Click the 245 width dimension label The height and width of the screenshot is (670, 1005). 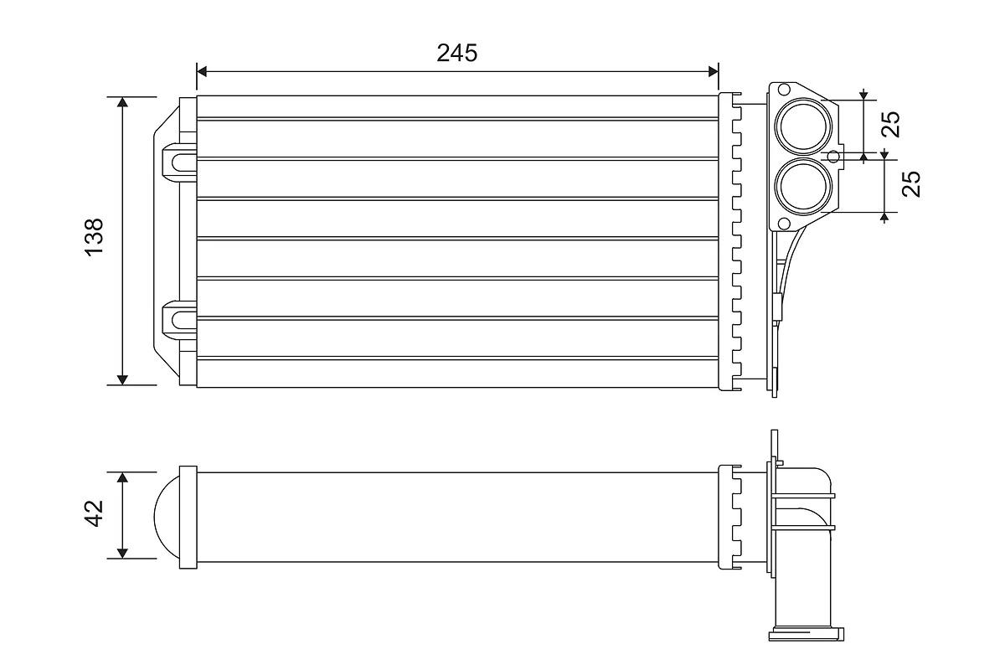click(x=456, y=53)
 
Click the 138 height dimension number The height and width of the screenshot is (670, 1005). click(x=93, y=237)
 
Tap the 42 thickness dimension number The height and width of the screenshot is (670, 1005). click(x=93, y=513)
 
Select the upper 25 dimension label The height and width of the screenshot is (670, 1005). click(x=891, y=124)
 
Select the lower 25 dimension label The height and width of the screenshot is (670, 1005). click(x=912, y=183)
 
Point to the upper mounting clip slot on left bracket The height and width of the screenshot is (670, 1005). click(x=178, y=159)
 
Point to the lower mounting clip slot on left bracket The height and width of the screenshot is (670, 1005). click(x=178, y=317)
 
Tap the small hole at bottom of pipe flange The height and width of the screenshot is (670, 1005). click(x=784, y=222)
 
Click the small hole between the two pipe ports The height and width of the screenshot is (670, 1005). click(x=833, y=156)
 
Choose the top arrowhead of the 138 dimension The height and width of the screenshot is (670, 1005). click(x=123, y=103)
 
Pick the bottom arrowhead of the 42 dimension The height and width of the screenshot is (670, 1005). click(x=123, y=552)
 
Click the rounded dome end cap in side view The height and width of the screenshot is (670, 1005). click(x=166, y=515)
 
